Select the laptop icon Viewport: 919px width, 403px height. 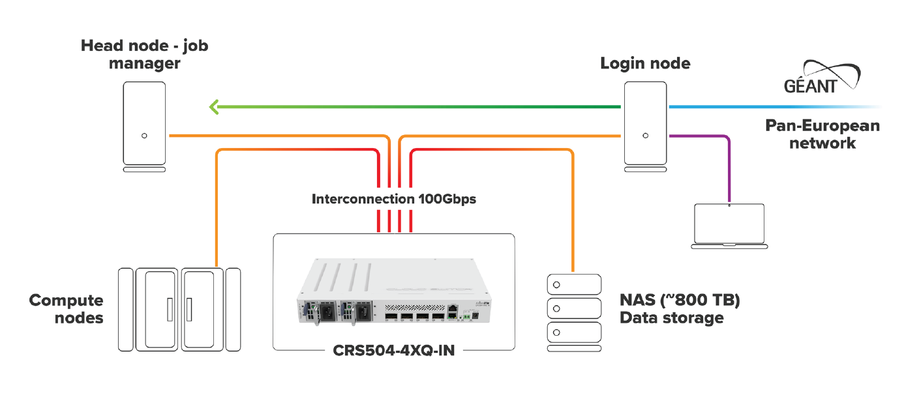(728, 226)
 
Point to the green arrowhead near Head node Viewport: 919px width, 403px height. (213, 106)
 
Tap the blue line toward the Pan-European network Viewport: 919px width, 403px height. (770, 106)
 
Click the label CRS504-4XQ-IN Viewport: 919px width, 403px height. (394, 350)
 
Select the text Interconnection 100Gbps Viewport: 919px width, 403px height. (394, 199)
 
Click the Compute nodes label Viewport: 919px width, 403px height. (67, 309)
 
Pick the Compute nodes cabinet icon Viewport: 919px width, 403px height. (179, 309)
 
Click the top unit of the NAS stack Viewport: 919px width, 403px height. (573, 284)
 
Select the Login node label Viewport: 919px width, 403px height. (645, 63)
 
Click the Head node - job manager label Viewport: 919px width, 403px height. (144, 55)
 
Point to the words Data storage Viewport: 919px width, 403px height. (671, 318)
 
